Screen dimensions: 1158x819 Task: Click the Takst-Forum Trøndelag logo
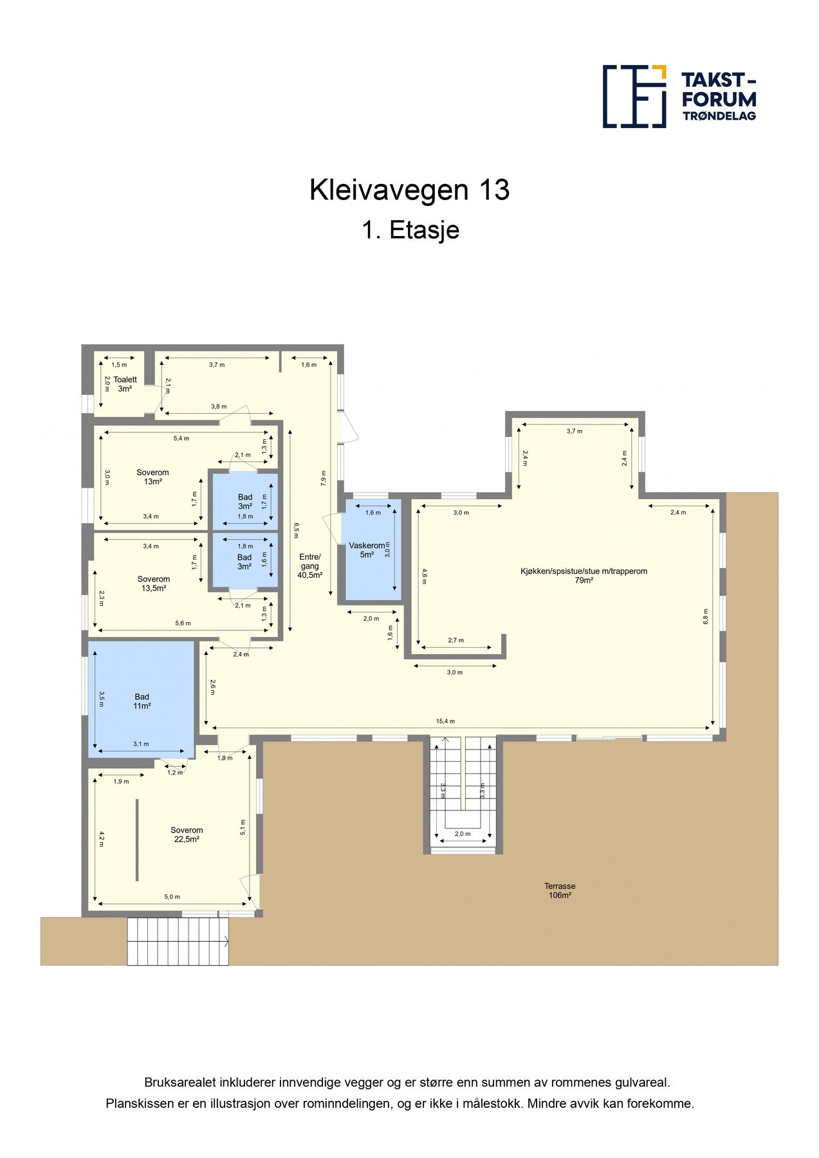679,96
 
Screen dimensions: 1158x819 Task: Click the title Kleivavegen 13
409,190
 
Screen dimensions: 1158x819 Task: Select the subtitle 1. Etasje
410,230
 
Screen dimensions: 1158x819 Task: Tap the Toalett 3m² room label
125,384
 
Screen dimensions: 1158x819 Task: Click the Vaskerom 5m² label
367,550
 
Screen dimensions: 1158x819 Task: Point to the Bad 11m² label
142,701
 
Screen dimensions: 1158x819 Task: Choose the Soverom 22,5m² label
187,834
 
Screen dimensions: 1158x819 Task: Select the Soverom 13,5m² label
153,584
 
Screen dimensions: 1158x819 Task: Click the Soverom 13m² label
152,477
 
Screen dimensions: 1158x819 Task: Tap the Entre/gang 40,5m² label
309,566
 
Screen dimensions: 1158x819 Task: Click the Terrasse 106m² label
560,890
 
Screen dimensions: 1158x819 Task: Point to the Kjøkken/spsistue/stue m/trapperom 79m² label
584,575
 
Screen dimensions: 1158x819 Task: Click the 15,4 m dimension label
445,721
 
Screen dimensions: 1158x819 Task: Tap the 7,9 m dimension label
324,477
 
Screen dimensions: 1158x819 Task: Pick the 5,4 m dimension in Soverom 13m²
181,438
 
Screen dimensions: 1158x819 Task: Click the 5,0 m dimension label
172,897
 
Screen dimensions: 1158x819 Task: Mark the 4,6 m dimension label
425,576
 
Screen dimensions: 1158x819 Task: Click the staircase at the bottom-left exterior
178,941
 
